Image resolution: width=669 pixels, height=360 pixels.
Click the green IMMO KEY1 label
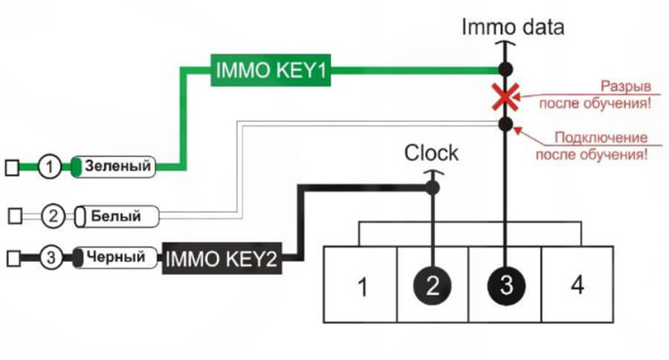[x=271, y=71]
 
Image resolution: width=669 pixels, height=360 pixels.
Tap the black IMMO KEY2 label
[x=224, y=260]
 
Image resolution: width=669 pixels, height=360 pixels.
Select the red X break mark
[x=505, y=97]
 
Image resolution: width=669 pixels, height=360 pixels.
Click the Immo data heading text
[x=513, y=28]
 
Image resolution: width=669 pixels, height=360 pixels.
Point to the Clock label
[x=431, y=154]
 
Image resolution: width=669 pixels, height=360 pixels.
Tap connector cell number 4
[x=578, y=285]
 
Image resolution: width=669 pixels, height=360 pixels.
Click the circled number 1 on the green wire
[x=49, y=167]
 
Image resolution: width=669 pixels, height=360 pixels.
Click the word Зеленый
[x=118, y=167]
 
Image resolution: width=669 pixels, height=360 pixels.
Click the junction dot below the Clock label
[x=433, y=188]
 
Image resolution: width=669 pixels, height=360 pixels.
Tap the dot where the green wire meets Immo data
[x=505, y=69]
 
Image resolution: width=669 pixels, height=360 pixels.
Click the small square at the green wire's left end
[x=11, y=167]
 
